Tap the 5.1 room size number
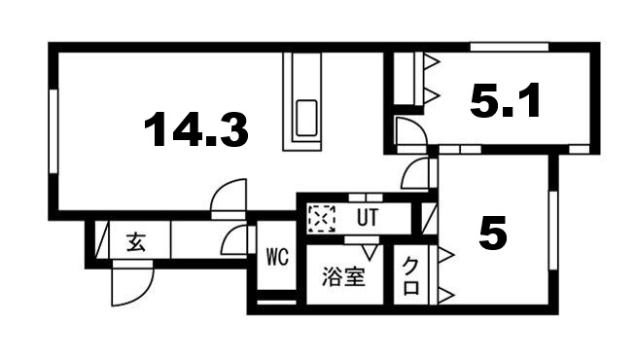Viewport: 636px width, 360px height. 505,100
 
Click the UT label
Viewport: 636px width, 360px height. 368,216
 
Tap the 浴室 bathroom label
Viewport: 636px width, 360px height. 343,277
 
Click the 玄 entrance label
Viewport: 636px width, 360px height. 135,243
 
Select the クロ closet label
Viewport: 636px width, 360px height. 411,276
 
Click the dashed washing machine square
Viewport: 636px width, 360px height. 320,217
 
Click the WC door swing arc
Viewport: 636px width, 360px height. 234,240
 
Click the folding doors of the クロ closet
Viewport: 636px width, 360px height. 442,274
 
